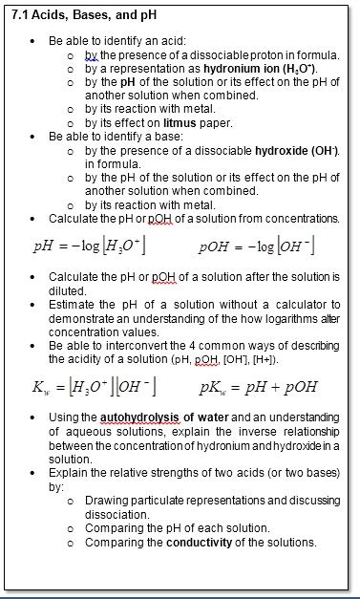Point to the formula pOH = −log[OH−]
tap(258, 247)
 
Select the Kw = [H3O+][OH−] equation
tap(94, 387)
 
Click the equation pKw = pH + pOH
tap(258, 387)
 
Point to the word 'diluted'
tap(67, 290)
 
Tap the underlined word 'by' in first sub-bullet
tap(91, 55)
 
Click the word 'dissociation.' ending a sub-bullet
tap(116, 514)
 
